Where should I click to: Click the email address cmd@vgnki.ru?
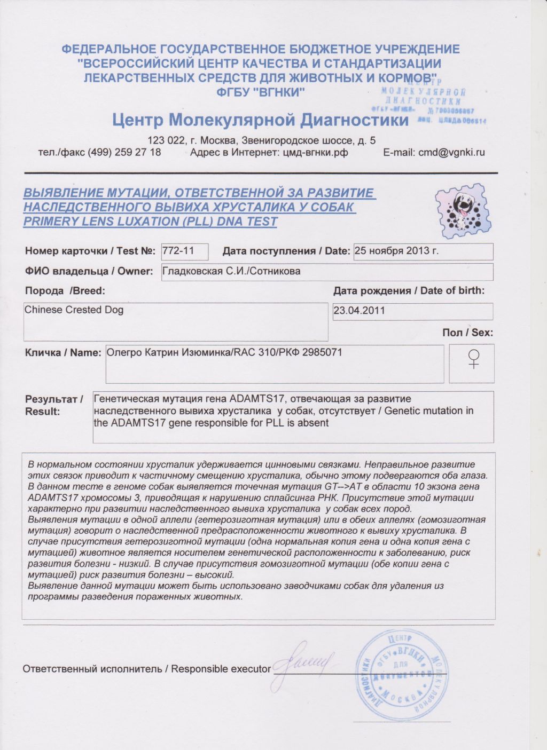click(451, 152)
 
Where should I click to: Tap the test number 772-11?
click(178, 250)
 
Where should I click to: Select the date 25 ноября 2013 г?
click(397, 250)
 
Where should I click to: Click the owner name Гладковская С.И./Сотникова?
click(231, 271)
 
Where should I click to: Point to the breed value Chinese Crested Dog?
click(74, 310)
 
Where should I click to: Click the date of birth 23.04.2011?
click(359, 310)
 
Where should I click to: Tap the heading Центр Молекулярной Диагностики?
click(260, 120)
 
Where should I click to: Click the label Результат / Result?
click(54, 405)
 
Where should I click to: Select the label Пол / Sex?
click(467, 333)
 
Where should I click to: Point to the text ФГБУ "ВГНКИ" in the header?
click(261, 92)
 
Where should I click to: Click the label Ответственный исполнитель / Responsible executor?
click(146, 669)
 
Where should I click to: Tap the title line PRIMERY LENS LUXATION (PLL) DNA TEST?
click(150, 222)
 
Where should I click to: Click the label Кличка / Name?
click(63, 353)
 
